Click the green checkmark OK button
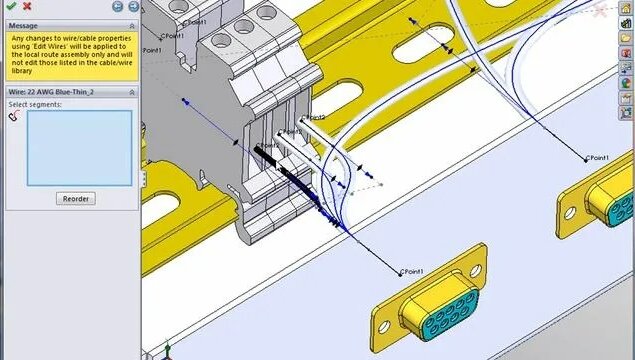pyautogui.click(x=10, y=6)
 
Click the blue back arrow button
pyautogui.click(x=117, y=6)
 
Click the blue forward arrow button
pyautogui.click(x=131, y=6)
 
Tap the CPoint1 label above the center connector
pyautogui.click(x=412, y=272)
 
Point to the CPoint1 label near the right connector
pyautogui.click(x=597, y=158)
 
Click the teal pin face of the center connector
pyautogui.click(x=436, y=323)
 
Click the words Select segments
pyautogui.click(x=35, y=104)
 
